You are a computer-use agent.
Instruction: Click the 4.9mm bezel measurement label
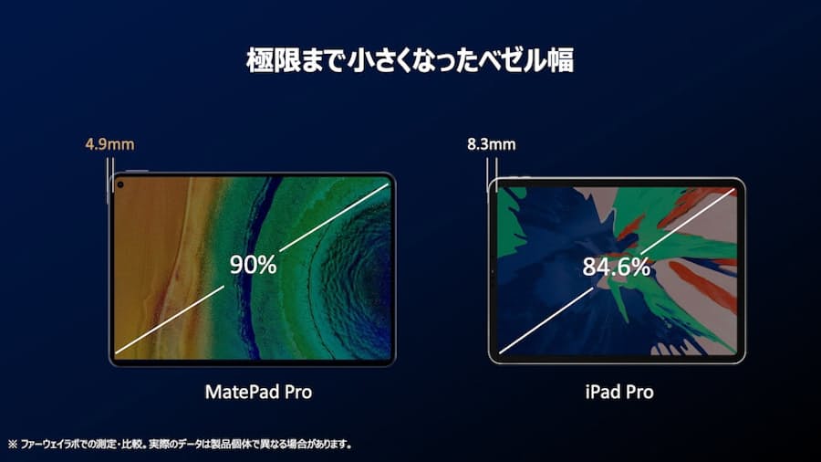(110, 144)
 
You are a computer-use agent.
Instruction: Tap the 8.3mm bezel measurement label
(491, 144)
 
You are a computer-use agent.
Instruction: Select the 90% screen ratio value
(253, 265)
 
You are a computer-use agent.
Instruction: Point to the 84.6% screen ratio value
(617, 267)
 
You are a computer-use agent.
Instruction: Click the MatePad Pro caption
(258, 392)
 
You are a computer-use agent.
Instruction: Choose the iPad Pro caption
(619, 392)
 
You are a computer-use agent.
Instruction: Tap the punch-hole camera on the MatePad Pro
(120, 184)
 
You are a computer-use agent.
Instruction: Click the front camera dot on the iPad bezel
(493, 272)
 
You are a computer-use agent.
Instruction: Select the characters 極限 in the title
(274, 60)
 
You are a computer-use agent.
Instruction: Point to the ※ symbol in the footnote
(13, 444)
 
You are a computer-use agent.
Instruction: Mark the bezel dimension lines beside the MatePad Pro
(110, 181)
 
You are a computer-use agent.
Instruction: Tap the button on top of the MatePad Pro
(137, 171)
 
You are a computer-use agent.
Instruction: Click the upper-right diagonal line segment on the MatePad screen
(335, 217)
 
